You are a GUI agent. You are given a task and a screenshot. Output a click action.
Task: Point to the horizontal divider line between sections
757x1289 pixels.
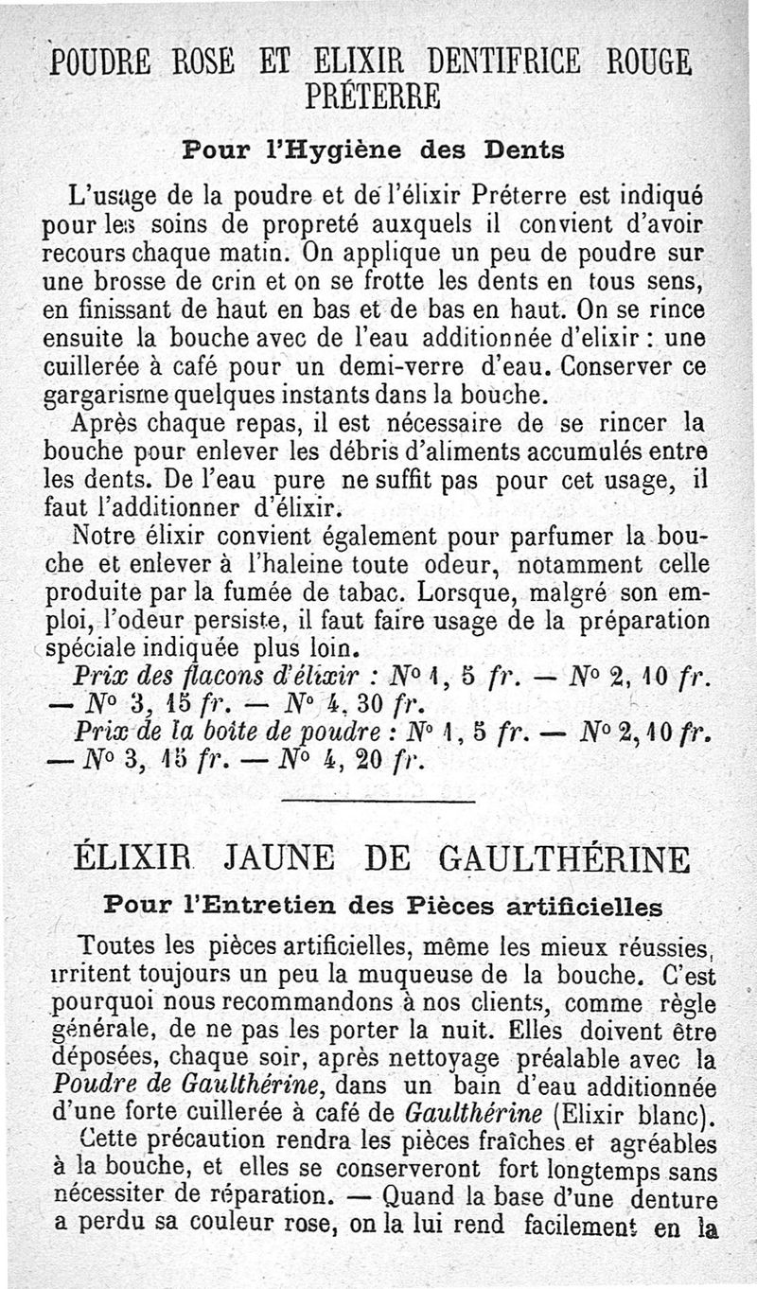(x=378, y=803)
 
